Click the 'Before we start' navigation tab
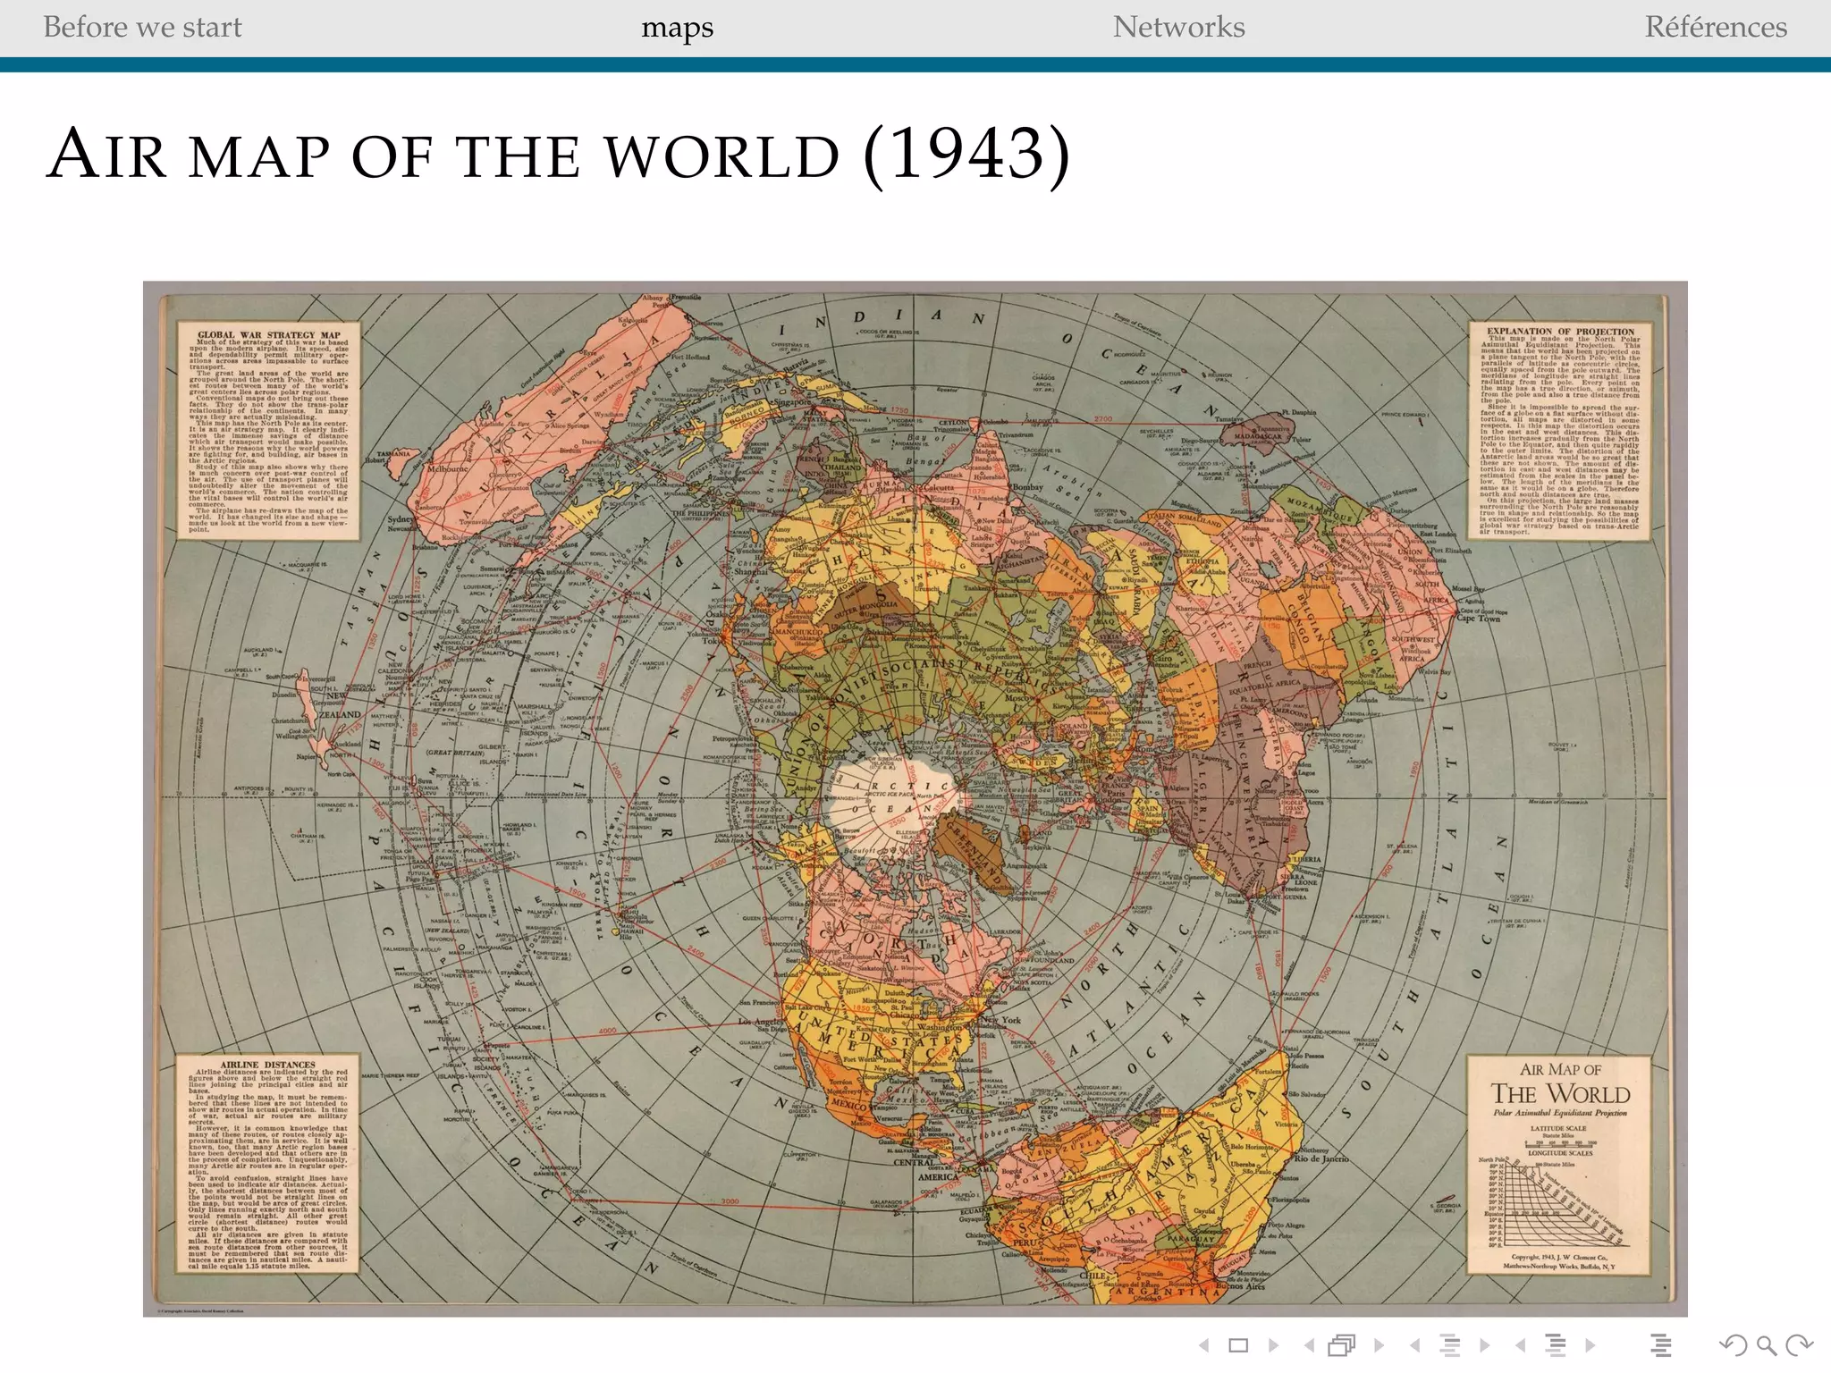coord(142,28)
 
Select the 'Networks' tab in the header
coord(1178,28)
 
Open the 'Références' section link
coord(1716,28)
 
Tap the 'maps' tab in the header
coord(677,28)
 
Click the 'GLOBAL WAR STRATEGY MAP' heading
coord(268,335)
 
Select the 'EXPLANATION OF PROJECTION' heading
coord(1561,331)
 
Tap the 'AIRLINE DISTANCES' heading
coord(268,1065)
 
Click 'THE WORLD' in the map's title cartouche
coord(1560,1094)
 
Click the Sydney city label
coord(401,519)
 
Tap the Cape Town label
coord(1478,618)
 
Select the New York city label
coord(1001,1019)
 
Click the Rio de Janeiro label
coord(1321,1159)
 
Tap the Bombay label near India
coord(1027,488)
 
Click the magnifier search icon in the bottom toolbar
coord(1766,1344)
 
